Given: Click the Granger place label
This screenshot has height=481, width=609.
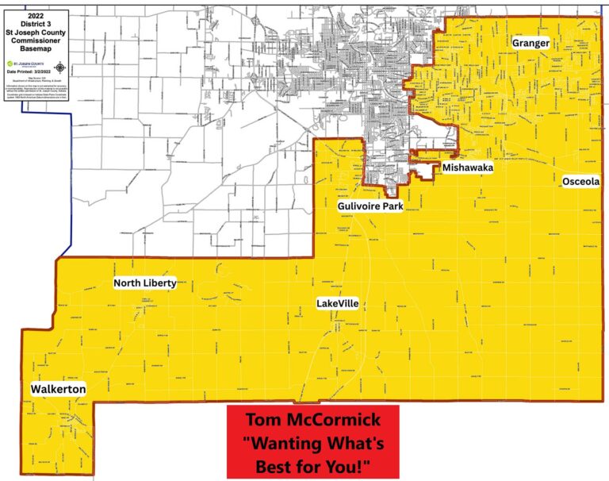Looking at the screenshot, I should coord(530,43).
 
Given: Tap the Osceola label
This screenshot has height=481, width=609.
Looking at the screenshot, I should coord(580,182).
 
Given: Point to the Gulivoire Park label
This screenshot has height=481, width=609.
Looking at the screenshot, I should coord(370,206).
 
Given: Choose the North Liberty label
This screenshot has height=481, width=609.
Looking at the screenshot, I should coord(144,283).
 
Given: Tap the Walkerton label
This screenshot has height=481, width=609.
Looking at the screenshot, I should coord(58,390).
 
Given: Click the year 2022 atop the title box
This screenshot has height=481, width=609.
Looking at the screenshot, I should coord(36,15).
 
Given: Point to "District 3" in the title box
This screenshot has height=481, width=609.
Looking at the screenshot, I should coord(36,23).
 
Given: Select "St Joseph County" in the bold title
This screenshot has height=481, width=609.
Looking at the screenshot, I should coord(36,31).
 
